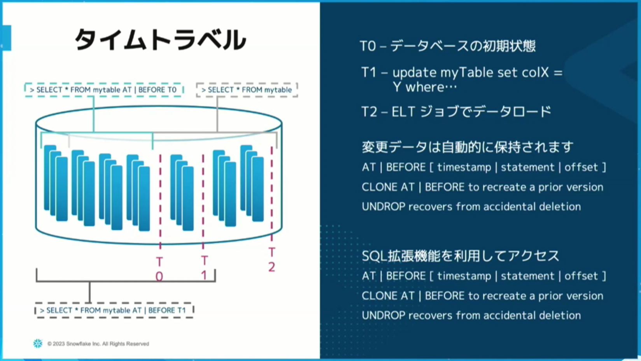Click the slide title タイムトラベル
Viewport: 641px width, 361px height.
click(160, 40)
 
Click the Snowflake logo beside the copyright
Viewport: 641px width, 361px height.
click(38, 343)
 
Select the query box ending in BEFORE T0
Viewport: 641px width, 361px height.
click(104, 90)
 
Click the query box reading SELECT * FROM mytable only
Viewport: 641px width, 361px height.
click(247, 90)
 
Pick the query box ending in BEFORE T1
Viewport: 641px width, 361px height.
click(114, 310)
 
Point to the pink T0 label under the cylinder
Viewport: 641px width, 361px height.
click(159, 269)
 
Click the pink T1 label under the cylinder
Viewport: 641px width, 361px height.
click(204, 268)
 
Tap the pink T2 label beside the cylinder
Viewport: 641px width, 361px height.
click(272, 259)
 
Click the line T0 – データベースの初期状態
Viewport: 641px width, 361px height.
click(447, 46)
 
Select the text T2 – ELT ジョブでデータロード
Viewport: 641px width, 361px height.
click(456, 112)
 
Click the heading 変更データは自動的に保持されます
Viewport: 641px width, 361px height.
click(468, 147)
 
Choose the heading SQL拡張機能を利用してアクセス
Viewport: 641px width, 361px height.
click(461, 256)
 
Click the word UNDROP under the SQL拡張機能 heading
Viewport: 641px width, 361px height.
click(384, 315)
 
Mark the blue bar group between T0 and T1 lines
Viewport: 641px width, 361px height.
click(182, 193)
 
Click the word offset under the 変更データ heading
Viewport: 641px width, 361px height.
click(581, 167)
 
